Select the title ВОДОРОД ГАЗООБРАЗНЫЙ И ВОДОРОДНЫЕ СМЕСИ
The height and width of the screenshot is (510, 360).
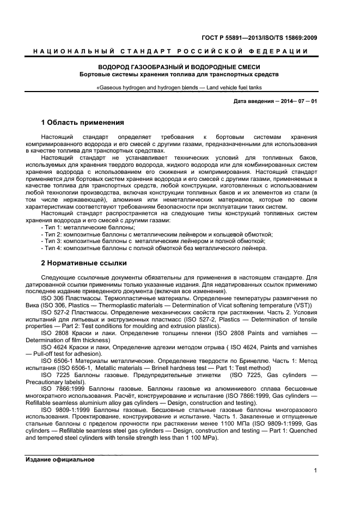pyautogui.click(x=179, y=66)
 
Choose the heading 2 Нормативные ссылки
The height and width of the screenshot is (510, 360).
pyautogui.click(x=84, y=263)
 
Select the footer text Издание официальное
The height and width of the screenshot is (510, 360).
pyautogui.click(x=60, y=459)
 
